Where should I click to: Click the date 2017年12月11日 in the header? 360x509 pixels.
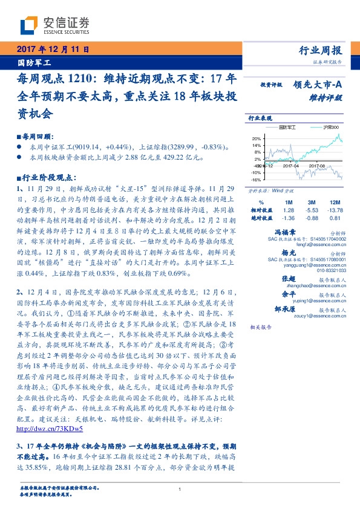53,48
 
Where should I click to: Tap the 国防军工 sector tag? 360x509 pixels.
34,62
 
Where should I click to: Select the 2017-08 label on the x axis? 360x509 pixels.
317,166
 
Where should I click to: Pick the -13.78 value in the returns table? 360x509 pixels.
333,210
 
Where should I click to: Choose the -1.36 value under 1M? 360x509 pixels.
288,218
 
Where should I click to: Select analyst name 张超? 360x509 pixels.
289,278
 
